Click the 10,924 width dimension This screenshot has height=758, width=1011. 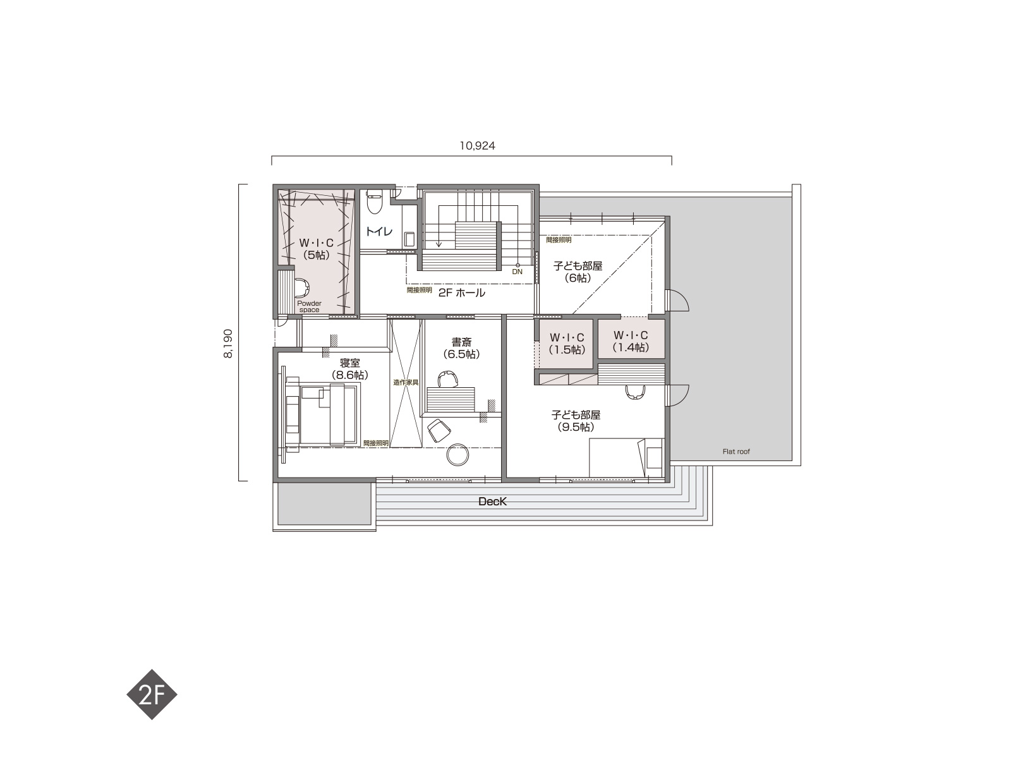pos(477,146)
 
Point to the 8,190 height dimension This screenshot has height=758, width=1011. pos(228,344)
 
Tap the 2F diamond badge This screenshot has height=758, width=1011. pos(152,694)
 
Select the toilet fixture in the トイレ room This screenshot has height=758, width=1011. pos(375,203)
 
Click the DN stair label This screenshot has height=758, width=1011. pos(518,272)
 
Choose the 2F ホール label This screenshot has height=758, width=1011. pos(461,292)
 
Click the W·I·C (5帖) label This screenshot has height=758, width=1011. pos(317,249)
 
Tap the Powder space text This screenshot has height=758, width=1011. pos(309,306)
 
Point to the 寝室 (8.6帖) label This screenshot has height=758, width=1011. pos(350,369)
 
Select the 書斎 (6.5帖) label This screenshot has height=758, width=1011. pos(461,348)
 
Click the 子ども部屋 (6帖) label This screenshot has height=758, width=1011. pos(578,272)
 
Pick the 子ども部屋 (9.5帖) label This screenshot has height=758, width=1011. pos(576,421)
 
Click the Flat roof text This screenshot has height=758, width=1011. pos(736,452)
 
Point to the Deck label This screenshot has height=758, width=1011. pos(492,502)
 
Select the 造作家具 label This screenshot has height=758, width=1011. pos(406,382)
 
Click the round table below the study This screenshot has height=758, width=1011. pos(457,455)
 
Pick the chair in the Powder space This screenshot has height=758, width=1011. pos(301,287)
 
